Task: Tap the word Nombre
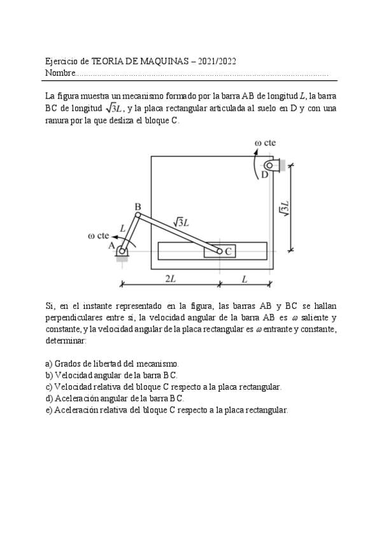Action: (59, 73)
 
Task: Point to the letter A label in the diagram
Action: (111, 245)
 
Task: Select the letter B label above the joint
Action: (138, 206)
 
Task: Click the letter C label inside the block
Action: (229, 252)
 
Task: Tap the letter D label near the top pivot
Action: (265, 175)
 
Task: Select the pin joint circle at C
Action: (220, 252)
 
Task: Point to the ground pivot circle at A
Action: (122, 251)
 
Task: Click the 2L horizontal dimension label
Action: (171, 278)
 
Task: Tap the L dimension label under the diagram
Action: (244, 278)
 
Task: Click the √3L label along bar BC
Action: (182, 222)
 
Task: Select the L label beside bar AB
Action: (122, 227)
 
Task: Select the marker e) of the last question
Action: (49, 410)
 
